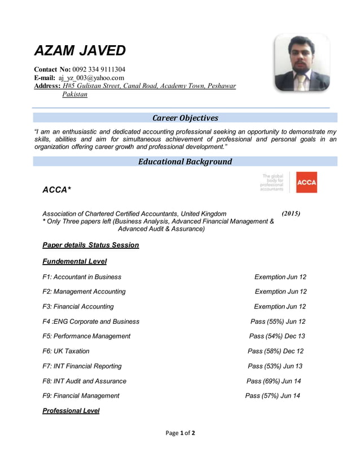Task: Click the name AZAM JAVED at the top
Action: click(80, 51)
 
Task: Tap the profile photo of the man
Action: click(302, 63)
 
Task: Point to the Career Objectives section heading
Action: click(185, 118)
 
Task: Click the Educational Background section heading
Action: click(185, 162)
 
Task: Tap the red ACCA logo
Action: click(306, 182)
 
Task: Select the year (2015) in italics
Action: click(291, 214)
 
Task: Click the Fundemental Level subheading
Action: click(74, 262)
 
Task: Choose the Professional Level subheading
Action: click(71, 411)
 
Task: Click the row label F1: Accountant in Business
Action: click(82, 277)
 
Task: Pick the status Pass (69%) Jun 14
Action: click(274, 381)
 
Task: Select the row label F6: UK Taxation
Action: click(66, 351)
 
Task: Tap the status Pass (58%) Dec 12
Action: click(275, 351)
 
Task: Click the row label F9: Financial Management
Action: click(81, 396)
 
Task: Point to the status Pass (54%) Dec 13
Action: click(276, 336)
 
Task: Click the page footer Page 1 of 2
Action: click(180, 433)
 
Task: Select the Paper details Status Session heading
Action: click(90, 245)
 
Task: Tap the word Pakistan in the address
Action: click(74, 94)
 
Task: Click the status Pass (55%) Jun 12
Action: click(278, 322)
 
